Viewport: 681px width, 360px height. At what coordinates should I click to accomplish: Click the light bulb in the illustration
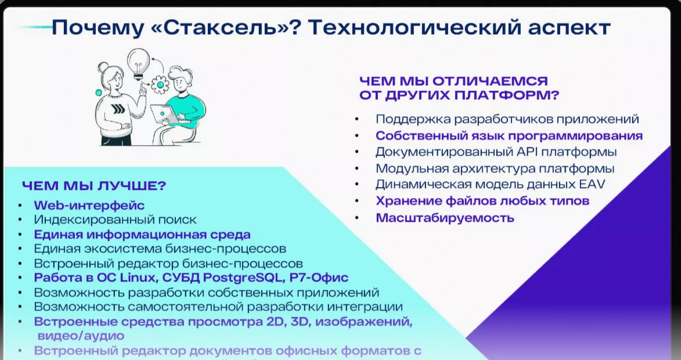pyautogui.click(x=139, y=60)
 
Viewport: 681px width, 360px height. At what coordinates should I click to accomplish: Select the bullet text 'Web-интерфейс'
pyautogui.click(x=89, y=205)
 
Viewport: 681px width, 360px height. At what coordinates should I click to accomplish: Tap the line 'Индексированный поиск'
pyautogui.click(x=115, y=219)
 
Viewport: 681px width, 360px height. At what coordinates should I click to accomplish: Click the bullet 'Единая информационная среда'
pyautogui.click(x=142, y=235)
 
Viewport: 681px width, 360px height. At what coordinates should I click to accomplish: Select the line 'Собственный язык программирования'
pyautogui.click(x=509, y=136)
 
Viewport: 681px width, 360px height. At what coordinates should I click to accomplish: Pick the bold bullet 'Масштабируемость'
pyautogui.click(x=445, y=218)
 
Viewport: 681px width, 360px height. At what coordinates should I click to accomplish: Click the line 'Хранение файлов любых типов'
pyautogui.click(x=482, y=201)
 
